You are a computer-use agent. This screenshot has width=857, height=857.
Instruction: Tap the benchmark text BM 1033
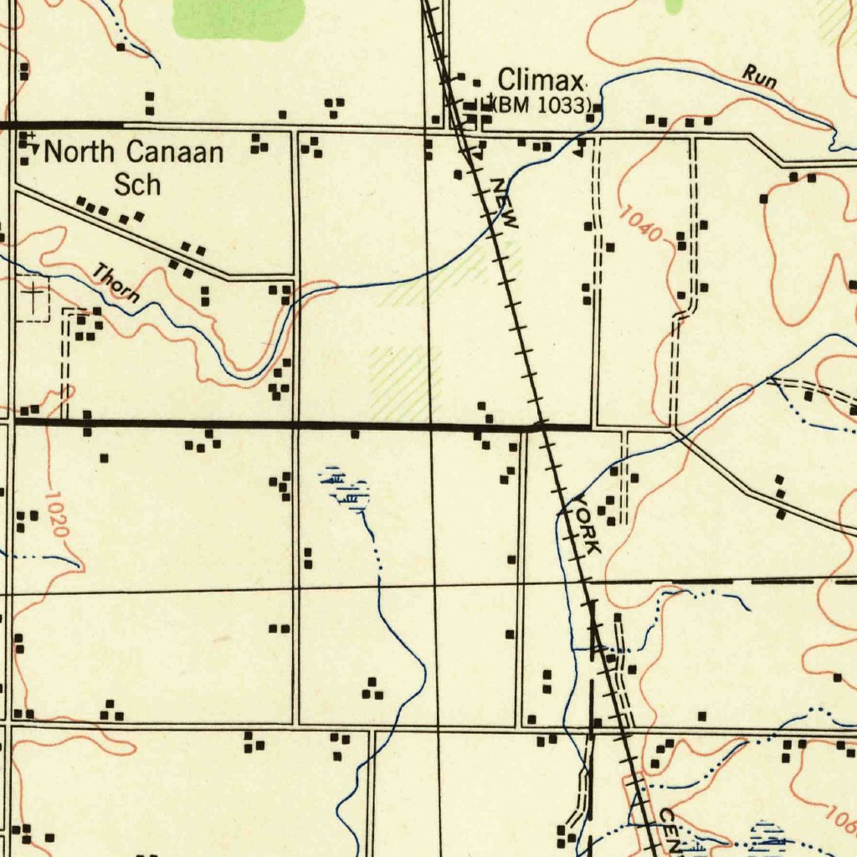tap(543, 106)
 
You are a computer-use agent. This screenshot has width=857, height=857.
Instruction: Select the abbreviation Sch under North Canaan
tap(137, 184)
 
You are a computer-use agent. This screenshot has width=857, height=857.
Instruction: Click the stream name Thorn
tap(115, 283)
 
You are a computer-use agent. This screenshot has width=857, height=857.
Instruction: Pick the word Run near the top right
tap(759, 78)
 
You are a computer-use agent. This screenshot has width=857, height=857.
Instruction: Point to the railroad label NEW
tap(505, 203)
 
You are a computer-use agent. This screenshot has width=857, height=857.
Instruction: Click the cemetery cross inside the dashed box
tap(33, 296)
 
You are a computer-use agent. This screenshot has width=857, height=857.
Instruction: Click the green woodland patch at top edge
tap(239, 18)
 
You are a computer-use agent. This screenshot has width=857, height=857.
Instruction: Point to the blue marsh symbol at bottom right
tap(768, 837)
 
